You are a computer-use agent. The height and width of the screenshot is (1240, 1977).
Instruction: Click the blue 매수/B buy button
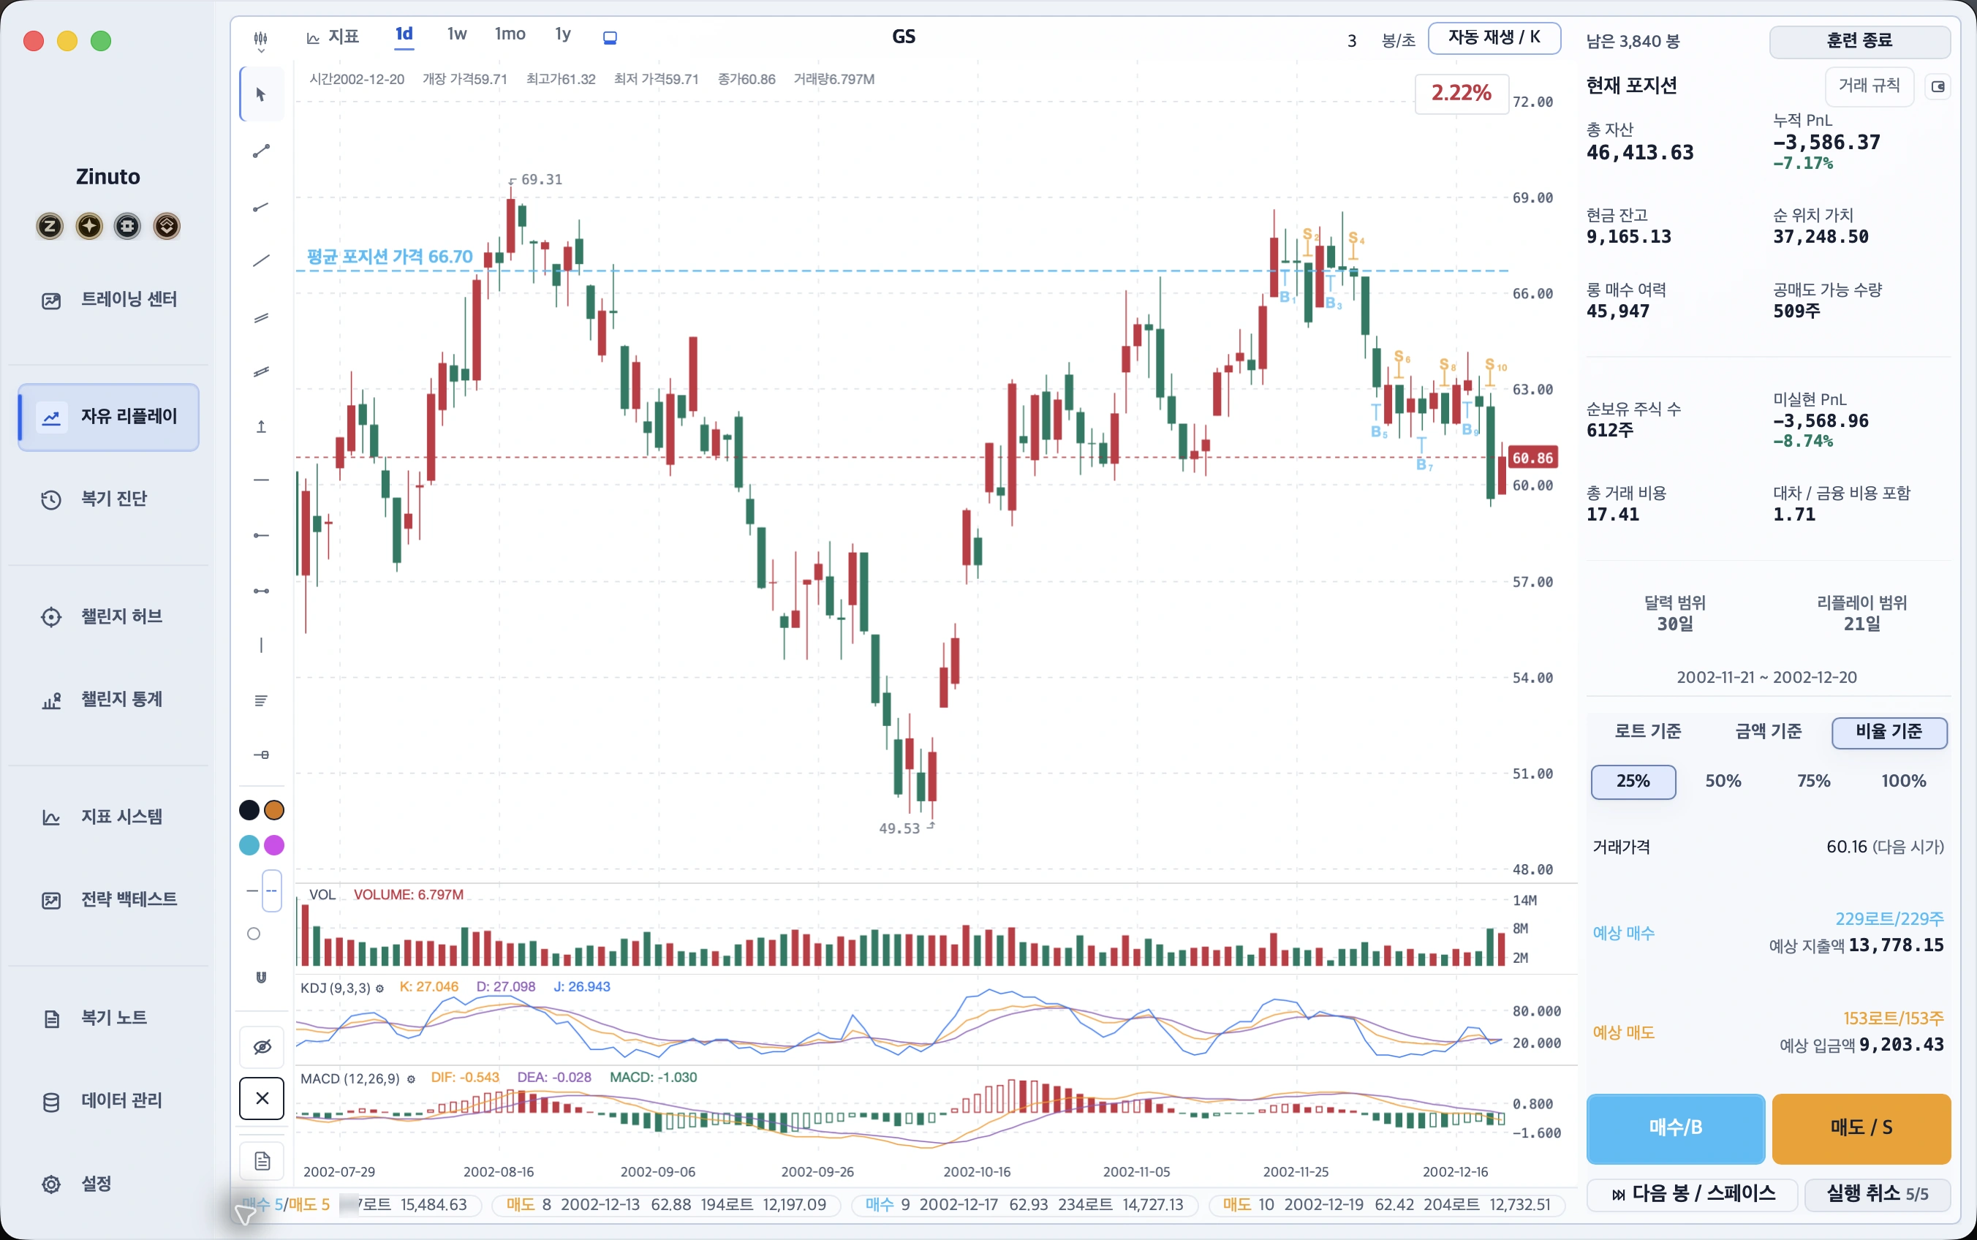click(1675, 1127)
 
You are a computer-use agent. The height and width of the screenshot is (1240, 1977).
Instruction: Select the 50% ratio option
click(1723, 781)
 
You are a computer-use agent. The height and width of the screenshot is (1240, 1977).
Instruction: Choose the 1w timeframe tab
click(457, 34)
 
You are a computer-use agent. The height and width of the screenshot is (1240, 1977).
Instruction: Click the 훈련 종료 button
click(1859, 41)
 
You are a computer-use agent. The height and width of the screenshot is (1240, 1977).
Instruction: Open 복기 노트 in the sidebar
click(113, 1018)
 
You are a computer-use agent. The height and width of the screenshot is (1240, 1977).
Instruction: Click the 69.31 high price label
click(541, 180)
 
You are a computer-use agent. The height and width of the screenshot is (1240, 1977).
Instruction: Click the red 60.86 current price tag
click(1532, 458)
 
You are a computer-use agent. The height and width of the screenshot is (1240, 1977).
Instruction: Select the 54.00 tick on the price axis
click(1532, 678)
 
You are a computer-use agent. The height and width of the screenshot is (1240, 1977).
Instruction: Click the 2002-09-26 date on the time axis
click(817, 1172)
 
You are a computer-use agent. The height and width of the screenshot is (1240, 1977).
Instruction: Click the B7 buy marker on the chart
click(1424, 465)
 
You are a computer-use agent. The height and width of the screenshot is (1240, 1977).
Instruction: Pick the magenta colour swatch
click(275, 844)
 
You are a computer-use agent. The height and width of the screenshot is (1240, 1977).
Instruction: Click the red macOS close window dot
click(34, 41)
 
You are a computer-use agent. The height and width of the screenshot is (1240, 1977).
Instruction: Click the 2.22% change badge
click(1462, 93)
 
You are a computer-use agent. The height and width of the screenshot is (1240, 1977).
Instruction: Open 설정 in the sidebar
click(96, 1184)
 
